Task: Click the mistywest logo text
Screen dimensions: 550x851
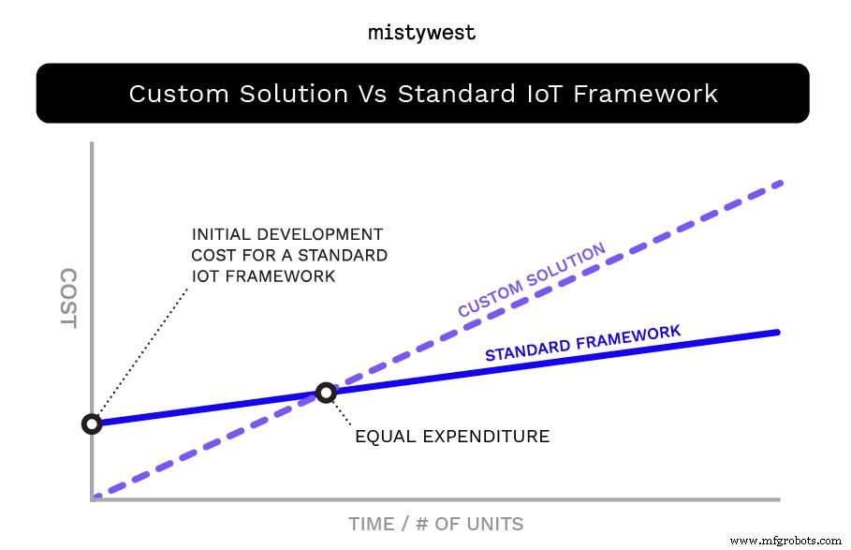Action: tap(421, 33)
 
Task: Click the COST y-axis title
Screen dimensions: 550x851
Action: tap(67, 298)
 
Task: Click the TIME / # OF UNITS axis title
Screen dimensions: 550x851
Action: tap(435, 524)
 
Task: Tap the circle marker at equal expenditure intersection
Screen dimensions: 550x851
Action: tap(326, 393)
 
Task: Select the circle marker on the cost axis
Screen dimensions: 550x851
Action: tap(92, 424)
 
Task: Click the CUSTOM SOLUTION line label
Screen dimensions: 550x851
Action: tap(531, 280)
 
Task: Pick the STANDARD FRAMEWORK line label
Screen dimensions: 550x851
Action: tap(582, 343)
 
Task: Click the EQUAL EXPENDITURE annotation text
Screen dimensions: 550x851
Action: tap(451, 436)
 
